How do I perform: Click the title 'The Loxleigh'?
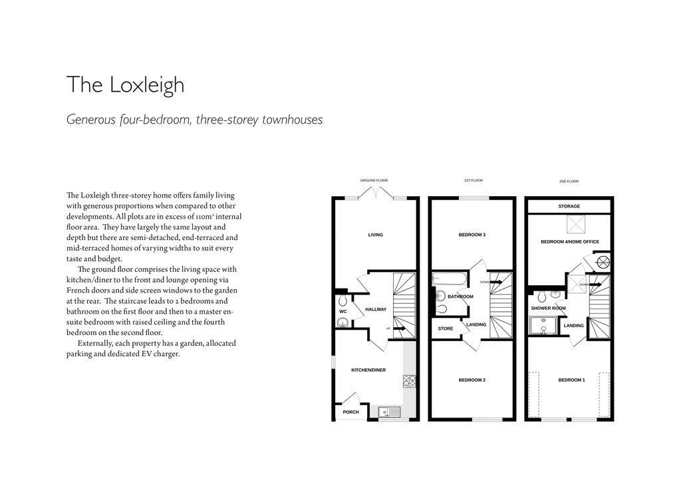(x=125, y=85)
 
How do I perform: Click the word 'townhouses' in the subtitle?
(x=293, y=120)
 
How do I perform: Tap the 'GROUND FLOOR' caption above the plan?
(x=374, y=180)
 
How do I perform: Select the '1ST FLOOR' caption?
(x=473, y=180)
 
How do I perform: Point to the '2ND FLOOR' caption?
(x=569, y=181)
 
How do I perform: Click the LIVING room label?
(x=375, y=235)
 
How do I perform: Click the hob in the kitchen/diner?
(x=410, y=381)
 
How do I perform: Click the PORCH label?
(x=350, y=412)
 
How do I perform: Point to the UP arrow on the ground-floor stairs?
(x=399, y=328)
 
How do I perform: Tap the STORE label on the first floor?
(x=445, y=328)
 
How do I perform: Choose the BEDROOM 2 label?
(x=472, y=380)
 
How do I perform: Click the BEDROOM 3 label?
(x=472, y=235)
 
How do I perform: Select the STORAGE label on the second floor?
(x=569, y=207)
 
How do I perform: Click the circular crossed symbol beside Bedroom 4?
(x=603, y=262)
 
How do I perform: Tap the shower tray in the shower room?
(x=543, y=325)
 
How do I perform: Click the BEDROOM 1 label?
(x=571, y=380)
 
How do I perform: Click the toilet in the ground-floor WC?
(x=342, y=323)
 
